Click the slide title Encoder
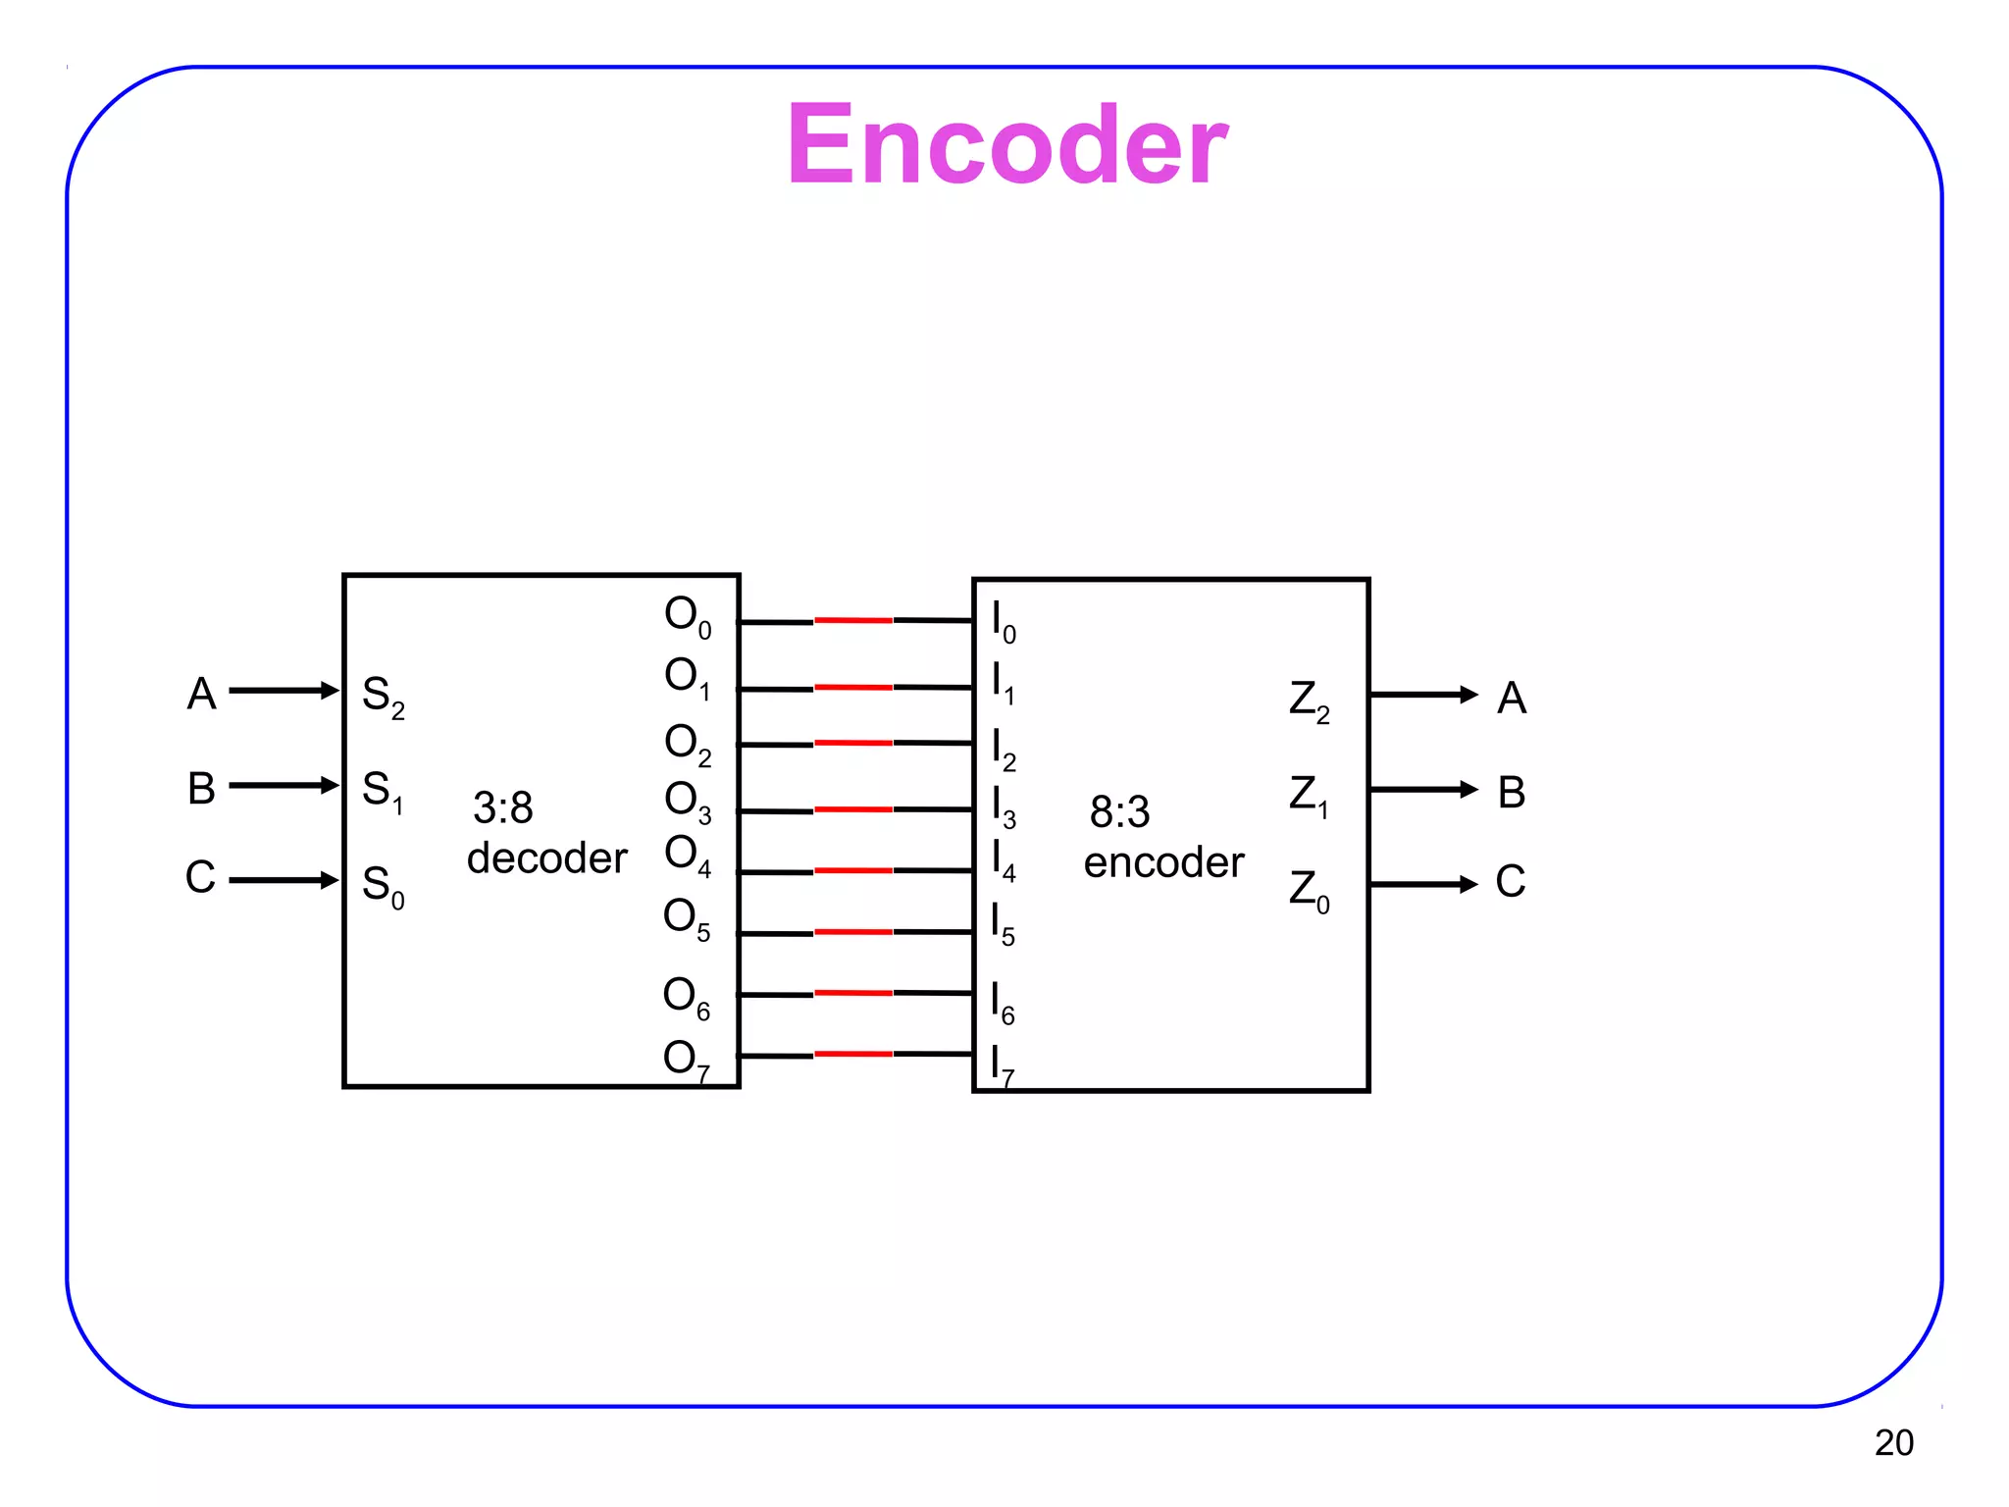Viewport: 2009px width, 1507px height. point(1006,145)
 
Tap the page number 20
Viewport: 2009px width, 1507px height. point(1893,1442)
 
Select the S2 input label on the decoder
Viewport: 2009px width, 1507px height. point(383,697)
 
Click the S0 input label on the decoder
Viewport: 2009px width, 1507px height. point(383,886)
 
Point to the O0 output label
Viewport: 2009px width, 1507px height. point(687,616)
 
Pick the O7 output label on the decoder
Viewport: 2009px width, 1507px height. point(686,1060)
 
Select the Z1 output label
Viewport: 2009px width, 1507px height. point(1309,795)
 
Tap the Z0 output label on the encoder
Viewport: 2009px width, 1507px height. point(1309,890)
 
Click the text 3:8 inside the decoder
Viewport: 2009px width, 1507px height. point(503,808)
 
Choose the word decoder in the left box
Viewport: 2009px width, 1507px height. point(546,858)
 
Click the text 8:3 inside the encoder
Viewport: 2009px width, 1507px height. point(1119,812)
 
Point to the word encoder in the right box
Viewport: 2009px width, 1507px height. point(1163,862)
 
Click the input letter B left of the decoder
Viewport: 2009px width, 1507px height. point(201,788)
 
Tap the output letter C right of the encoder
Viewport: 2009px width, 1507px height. point(1510,881)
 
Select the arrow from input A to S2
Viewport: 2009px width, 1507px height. point(283,691)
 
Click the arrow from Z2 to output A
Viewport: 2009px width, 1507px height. point(1422,695)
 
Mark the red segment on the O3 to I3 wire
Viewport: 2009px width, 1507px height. point(852,809)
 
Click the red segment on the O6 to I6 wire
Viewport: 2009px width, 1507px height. point(852,993)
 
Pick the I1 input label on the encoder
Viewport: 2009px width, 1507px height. point(1003,683)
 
